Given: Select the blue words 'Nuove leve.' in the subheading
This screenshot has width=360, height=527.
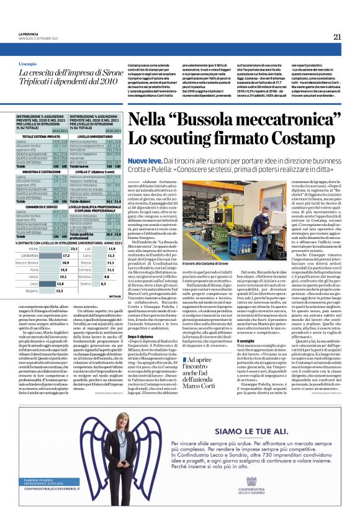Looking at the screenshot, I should [145, 160].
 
